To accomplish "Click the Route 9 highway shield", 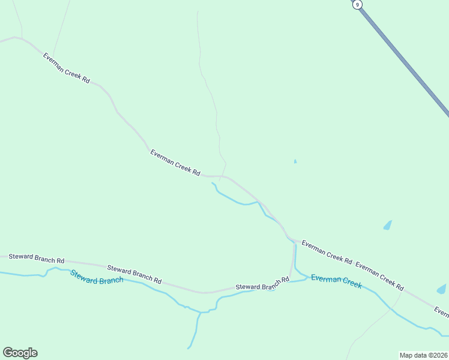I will point(358,4).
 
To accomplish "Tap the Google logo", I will point(20,352).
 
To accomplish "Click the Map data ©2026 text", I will point(423,355).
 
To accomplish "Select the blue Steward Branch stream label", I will point(97,277).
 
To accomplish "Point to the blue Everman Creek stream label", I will point(336,281).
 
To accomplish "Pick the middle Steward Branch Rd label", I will point(134,274).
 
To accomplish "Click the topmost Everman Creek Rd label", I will point(66,68).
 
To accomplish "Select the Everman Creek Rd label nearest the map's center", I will point(175,163).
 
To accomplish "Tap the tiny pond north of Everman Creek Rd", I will point(295,161).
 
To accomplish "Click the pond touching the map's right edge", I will point(442,289).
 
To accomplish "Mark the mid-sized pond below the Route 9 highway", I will point(387,226).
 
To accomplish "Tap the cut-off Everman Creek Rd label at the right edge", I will point(441,311).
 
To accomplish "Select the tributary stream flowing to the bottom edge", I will point(194,333).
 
